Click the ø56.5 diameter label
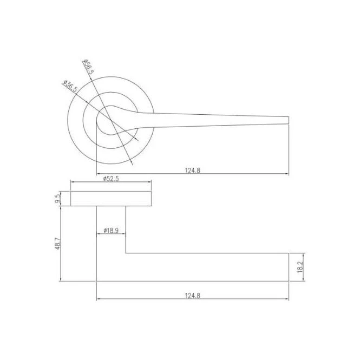pos(89,67)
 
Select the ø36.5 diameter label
pos(70,86)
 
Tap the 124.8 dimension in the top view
pos(193,171)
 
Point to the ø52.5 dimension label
pos(111,179)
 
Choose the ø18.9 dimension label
pos(111,230)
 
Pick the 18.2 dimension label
pos(300,267)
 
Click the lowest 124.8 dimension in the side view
pos(193,296)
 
